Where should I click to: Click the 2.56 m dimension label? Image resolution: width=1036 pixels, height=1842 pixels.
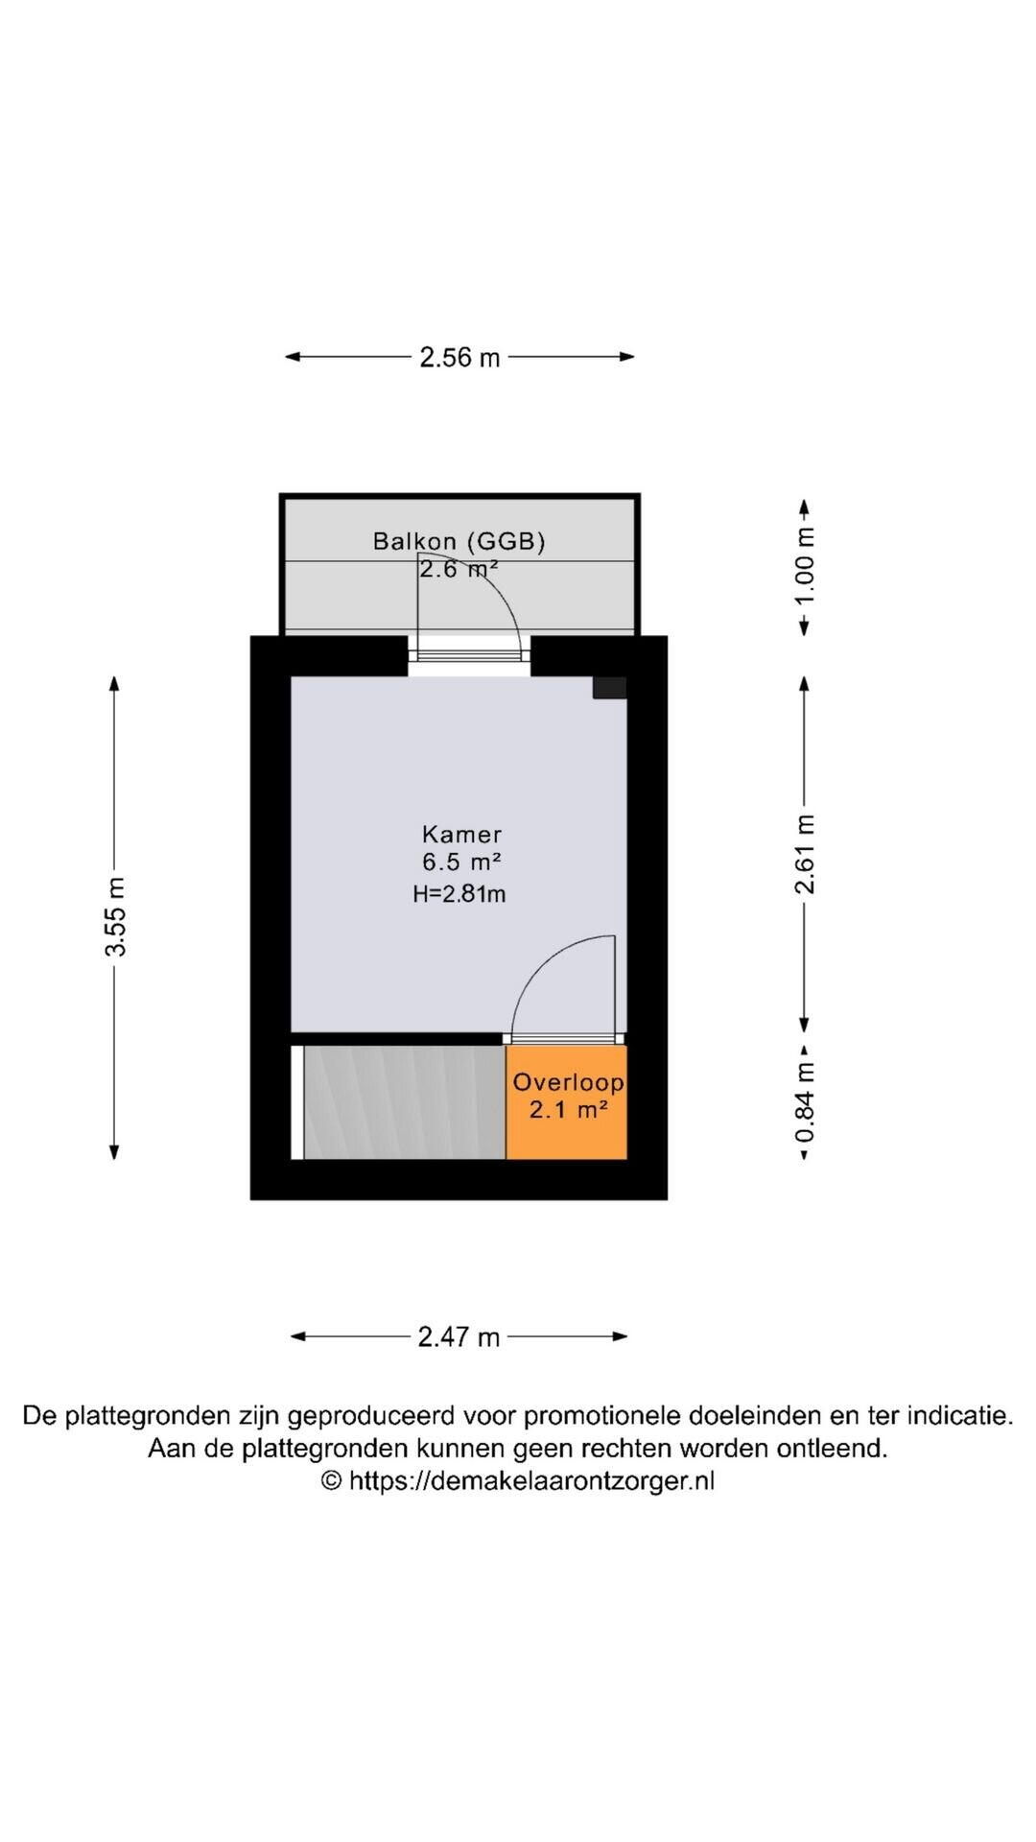pyautogui.click(x=459, y=357)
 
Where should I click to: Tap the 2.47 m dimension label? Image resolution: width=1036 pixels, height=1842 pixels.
pyautogui.click(x=459, y=1336)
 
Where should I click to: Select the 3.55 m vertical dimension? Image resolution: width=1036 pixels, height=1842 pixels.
pyautogui.click(x=115, y=917)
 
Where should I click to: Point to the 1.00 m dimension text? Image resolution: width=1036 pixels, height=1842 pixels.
pyautogui.click(x=805, y=566)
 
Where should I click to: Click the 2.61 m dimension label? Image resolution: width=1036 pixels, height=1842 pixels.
pyautogui.click(x=805, y=854)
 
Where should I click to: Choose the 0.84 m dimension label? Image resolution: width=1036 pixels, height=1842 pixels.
pyautogui.click(x=805, y=1101)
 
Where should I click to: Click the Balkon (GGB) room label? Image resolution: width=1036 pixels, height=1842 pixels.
pyautogui.click(x=459, y=541)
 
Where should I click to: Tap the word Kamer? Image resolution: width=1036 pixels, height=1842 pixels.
pyautogui.click(x=461, y=834)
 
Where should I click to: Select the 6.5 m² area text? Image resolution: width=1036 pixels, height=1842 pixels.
pyautogui.click(x=461, y=862)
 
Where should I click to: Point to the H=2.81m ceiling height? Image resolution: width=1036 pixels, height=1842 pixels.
pyautogui.click(x=459, y=894)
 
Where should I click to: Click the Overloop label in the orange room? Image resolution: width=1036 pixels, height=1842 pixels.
pyautogui.click(x=568, y=1082)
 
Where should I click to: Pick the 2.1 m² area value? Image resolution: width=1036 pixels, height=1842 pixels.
pyautogui.click(x=568, y=1111)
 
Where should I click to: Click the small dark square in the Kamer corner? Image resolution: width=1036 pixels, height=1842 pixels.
pyautogui.click(x=609, y=687)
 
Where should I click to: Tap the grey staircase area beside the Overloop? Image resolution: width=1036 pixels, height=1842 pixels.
pyautogui.click(x=404, y=1102)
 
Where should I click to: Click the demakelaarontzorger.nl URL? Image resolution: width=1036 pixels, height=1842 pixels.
pyautogui.click(x=531, y=1480)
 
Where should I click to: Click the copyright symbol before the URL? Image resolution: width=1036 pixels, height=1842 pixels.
pyautogui.click(x=331, y=1480)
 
